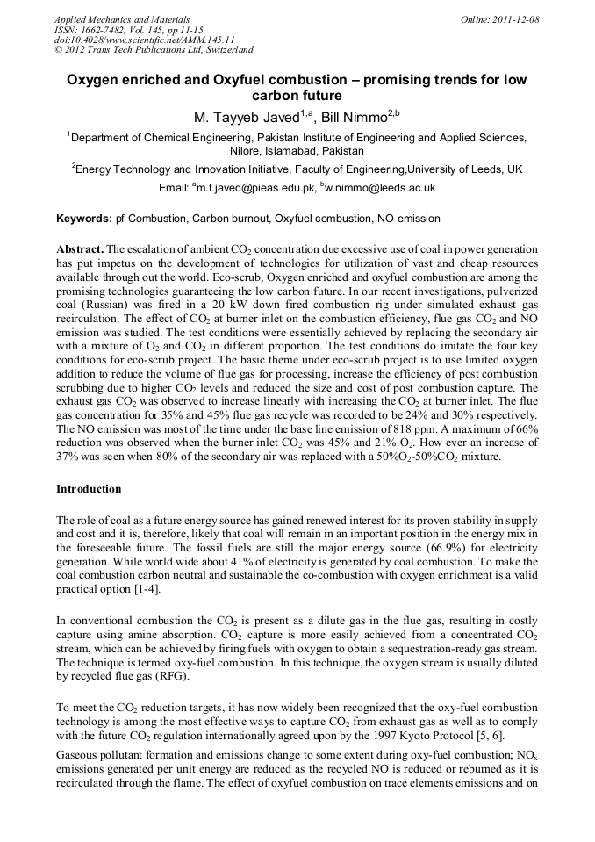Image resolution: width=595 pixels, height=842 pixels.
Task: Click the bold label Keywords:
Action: click(x=84, y=218)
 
